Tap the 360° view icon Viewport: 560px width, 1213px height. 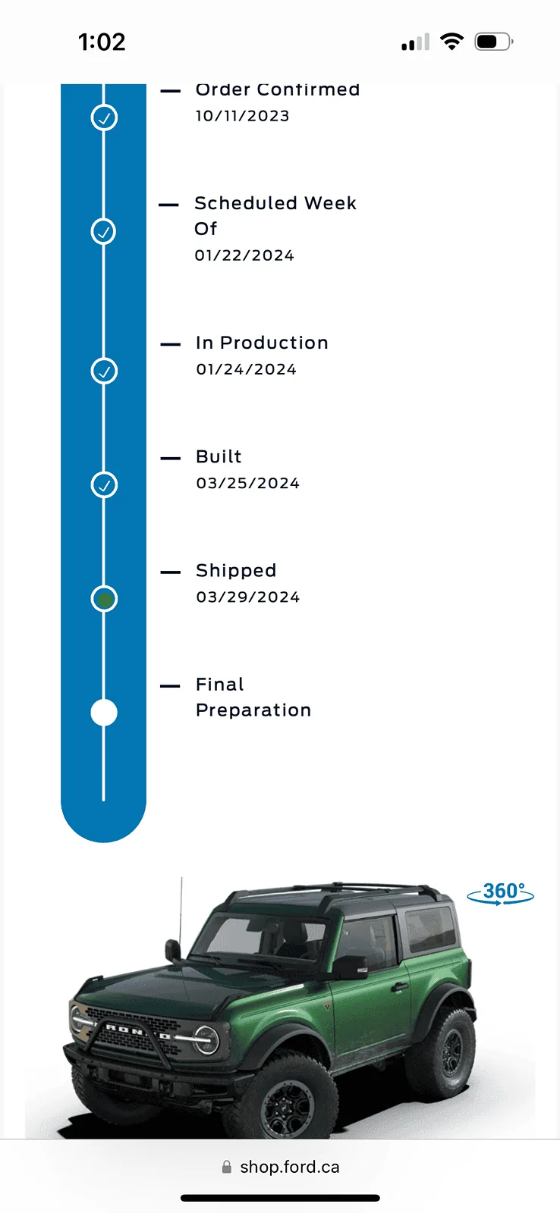click(500, 893)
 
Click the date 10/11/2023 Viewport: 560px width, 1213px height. click(242, 116)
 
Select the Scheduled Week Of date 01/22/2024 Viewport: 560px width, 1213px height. click(244, 255)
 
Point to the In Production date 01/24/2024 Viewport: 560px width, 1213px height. click(246, 369)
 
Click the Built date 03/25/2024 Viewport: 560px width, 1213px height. click(247, 483)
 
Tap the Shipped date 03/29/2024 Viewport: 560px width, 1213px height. click(247, 597)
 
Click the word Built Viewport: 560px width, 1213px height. click(219, 456)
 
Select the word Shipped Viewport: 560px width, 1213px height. click(236, 571)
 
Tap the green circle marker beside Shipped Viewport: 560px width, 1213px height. click(104, 599)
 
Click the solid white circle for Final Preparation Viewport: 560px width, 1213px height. click(104, 713)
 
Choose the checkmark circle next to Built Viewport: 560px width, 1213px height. click(104, 484)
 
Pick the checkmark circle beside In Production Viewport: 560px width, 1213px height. click(104, 371)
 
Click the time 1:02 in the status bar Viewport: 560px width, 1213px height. click(102, 42)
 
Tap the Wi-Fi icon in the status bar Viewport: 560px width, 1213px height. click(451, 41)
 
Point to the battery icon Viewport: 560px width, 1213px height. click(494, 42)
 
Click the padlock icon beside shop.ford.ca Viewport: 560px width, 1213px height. click(227, 1167)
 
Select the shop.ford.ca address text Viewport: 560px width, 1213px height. click(290, 1167)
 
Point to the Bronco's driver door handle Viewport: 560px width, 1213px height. click(400, 987)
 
